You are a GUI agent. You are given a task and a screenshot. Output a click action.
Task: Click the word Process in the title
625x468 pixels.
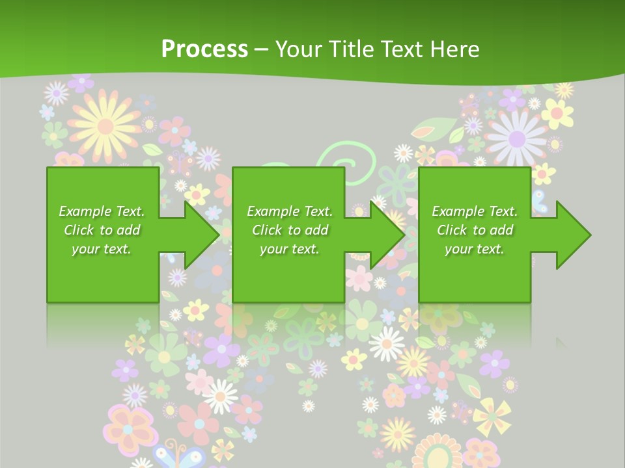(204, 49)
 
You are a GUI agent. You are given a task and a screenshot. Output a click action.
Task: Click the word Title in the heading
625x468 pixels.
(352, 49)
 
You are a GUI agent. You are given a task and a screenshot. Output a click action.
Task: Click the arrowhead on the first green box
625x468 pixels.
(199, 235)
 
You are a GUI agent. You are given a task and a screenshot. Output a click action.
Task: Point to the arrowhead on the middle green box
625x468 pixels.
(385, 235)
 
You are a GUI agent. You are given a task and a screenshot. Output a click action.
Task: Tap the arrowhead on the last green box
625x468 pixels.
(572, 235)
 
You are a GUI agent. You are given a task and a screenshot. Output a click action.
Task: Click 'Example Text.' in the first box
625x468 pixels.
(102, 211)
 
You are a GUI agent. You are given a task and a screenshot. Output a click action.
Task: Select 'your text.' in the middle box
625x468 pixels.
(289, 249)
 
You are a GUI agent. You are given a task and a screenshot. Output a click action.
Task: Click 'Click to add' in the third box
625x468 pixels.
(475, 230)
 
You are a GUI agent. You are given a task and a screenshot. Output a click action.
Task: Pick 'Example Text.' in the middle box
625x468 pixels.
(289, 211)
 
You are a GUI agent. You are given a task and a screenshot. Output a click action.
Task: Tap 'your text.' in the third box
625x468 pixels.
(474, 249)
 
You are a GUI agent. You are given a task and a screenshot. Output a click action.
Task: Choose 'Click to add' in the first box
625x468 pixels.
(102, 230)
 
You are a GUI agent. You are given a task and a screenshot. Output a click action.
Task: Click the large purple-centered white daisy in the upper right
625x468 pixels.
(517, 137)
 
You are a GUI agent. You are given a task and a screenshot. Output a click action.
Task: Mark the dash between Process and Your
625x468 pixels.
(262, 49)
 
